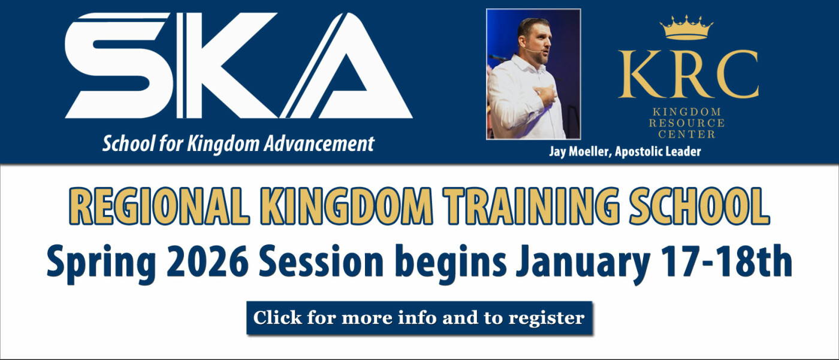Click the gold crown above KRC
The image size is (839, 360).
687,28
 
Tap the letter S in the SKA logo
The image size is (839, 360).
119,65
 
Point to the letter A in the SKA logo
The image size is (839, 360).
346,65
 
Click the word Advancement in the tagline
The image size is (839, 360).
319,144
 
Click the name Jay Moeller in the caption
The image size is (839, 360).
580,152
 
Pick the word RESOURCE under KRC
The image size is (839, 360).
687,123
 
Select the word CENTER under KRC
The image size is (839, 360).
687,134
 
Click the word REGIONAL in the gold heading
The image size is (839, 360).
159,207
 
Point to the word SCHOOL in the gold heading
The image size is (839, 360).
699,207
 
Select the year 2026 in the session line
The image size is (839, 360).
207,261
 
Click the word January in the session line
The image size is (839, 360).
582,264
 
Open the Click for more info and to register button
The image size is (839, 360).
419,317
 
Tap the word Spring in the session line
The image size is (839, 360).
101,264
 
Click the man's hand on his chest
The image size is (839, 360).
545,94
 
